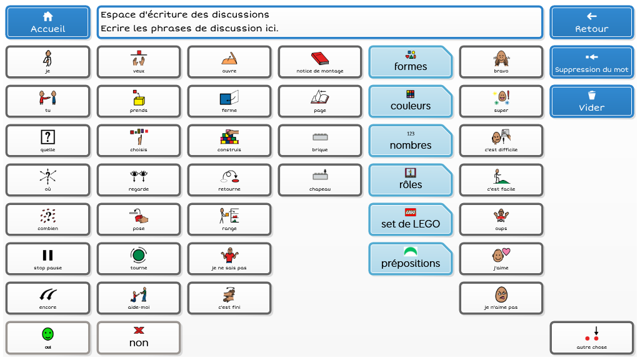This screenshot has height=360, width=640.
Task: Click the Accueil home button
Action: click(x=48, y=22)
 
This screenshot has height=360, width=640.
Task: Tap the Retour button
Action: click(x=591, y=22)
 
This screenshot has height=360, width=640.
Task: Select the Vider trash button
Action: click(x=591, y=101)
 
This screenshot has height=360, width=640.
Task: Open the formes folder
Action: click(x=410, y=62)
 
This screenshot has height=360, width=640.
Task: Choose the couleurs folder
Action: click(x=410, y=101)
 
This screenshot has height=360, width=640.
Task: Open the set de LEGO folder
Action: click(x=410, y=219)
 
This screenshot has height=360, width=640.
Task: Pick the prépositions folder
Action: click(x=410, y=259)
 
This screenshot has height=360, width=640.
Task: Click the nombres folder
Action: click(x=410, y=141)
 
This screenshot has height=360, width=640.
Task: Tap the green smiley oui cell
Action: click(x=48, y=337)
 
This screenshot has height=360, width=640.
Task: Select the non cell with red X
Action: click(x=139, y=337)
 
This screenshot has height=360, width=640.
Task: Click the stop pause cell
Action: click(x=48, y=259)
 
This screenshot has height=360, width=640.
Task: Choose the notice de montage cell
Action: click(x=320, y=62)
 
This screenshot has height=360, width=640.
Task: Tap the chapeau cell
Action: click(x=320, y=180)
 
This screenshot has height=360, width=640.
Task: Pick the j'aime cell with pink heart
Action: click(x=501, y=259)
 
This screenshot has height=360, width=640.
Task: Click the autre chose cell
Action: click(x=591, y=337)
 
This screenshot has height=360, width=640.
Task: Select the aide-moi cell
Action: click(x=139, y=298)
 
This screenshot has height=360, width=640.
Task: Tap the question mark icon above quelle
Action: click(x=48, y=137)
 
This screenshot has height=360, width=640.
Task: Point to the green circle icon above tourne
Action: click(x=139, y=255)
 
